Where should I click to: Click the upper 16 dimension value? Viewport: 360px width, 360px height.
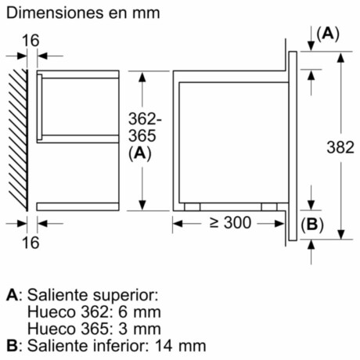coord(31,40)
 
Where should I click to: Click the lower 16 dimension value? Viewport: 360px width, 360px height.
coord(31,242)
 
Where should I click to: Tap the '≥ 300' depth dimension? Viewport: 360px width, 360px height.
coord(230,223)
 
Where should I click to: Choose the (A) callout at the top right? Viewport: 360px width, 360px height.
coord(329,34)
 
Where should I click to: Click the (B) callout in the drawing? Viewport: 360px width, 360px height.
coord(311,224)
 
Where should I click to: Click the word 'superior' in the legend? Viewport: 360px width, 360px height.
coord(131,296)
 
